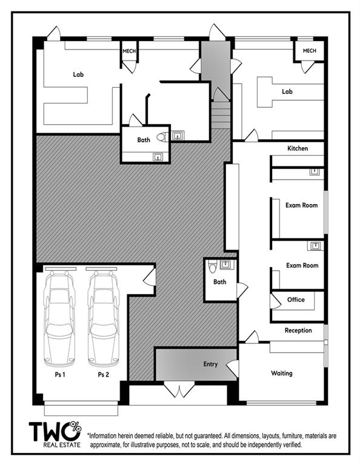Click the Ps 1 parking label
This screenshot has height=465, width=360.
60,375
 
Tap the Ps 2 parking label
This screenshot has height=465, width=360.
103,375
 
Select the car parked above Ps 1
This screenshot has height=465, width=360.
59,317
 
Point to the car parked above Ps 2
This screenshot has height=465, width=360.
103,317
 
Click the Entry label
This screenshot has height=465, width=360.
210,364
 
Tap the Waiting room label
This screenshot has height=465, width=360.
281,373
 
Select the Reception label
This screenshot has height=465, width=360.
298,331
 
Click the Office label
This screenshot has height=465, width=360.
296,300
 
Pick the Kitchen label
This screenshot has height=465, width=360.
298,148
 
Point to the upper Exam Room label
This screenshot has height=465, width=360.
301,205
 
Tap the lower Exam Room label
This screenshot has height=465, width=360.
302,265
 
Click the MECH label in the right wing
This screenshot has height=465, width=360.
309,51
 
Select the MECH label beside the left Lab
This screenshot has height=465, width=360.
129,51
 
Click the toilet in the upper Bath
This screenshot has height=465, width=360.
161,137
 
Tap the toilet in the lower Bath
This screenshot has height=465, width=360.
213,266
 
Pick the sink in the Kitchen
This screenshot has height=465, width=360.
315,172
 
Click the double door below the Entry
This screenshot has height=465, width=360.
179,390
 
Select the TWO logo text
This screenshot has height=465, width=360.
55,431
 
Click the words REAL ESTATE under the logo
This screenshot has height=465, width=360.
62,445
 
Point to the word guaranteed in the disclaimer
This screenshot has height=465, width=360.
207,436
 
